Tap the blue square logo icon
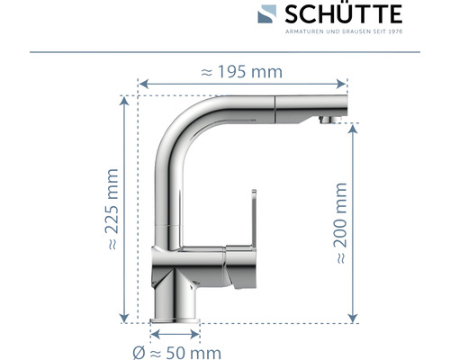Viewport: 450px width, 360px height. coord(268,14)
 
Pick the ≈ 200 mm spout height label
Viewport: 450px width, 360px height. coord(341,222)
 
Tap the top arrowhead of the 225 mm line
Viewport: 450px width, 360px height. coord(123,99)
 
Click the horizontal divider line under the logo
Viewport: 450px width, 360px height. coord(225,51)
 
